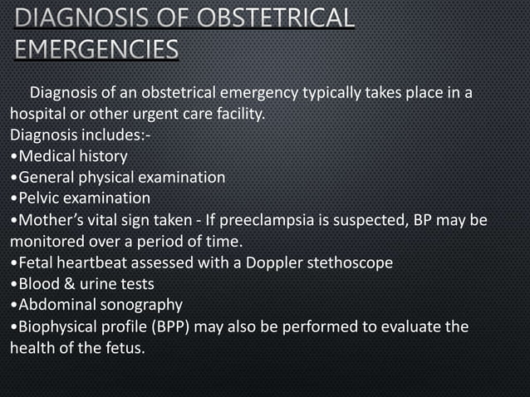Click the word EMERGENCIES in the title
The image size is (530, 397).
[x=96, y=51]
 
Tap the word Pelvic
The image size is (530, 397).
[x=38, y=198]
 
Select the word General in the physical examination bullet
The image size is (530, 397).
[x=46, y=177]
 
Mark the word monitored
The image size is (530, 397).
[x=45, y=242]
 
